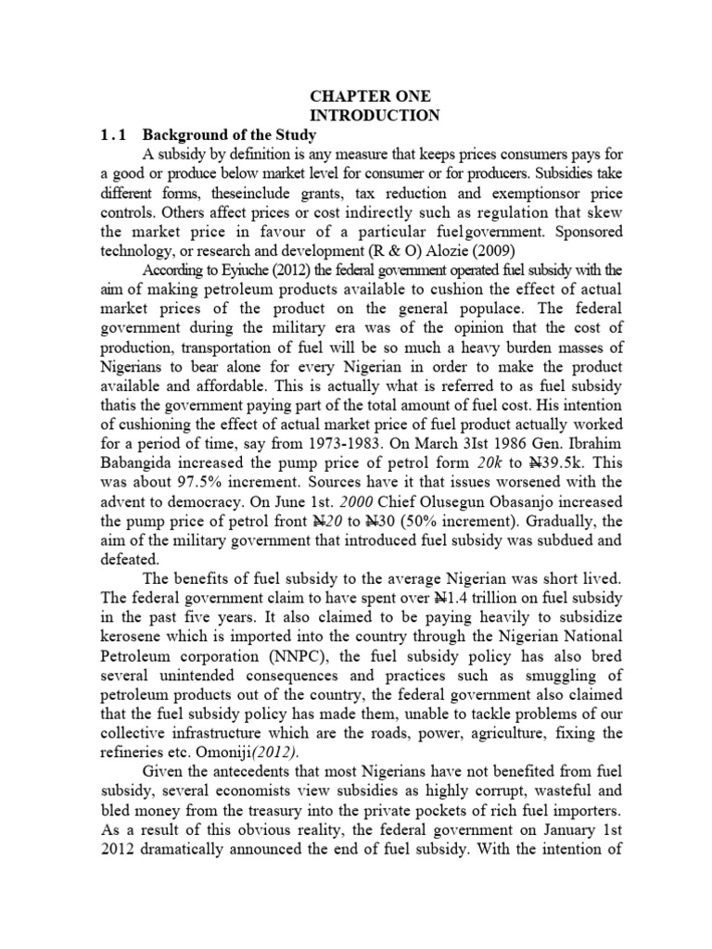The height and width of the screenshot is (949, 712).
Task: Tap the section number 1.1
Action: coord(115,134)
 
